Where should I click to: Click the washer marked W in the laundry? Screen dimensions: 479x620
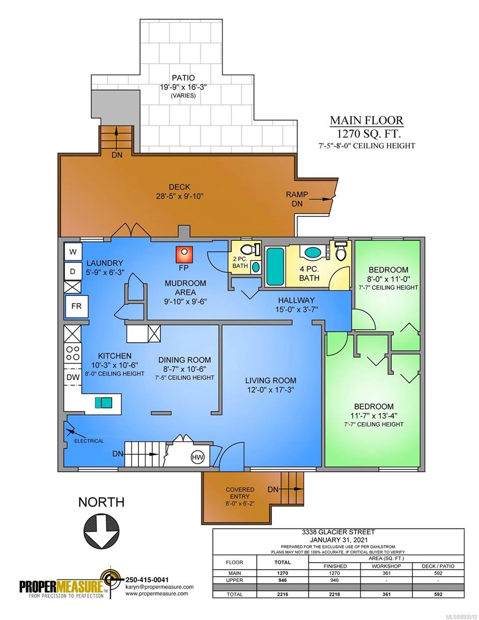coord(73,252)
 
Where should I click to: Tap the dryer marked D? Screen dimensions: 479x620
coord(73,271)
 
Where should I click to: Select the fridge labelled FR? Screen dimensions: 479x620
coord(76,306)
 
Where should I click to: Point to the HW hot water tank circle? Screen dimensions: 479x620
coord(197,457)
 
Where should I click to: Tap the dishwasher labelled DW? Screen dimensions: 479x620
coord(73,377)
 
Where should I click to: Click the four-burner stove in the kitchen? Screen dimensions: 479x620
coord(73,353)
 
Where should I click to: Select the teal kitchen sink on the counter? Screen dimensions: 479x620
coord(103,402)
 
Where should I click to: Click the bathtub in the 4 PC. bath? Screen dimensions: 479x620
coord(275,266)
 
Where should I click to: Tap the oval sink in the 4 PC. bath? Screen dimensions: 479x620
coord(313,252)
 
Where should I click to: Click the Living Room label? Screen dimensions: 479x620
coord(270,380)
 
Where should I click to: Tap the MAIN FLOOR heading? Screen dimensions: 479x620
coord(366,120)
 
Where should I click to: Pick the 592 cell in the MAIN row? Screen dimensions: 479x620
coord(438,573)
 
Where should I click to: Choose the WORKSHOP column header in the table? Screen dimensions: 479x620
coord(386,566)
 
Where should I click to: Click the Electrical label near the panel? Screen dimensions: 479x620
coord(89,441)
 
